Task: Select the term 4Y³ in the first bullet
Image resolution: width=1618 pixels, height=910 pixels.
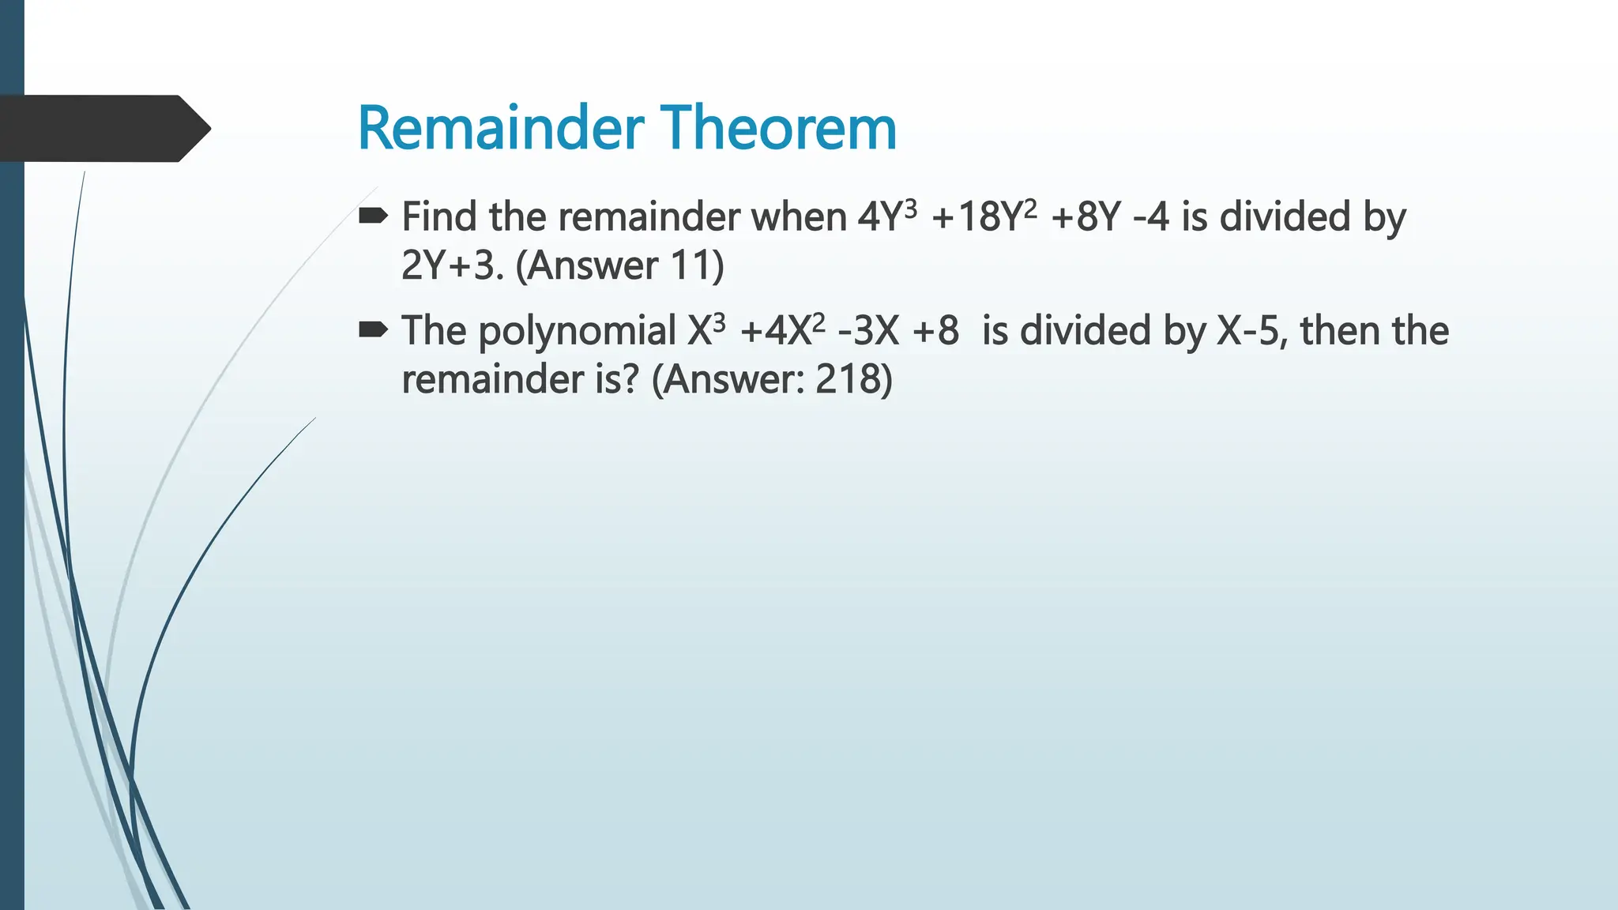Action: click(x=887, y=216)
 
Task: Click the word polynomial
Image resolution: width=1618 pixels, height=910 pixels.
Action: click(x=578, y=331)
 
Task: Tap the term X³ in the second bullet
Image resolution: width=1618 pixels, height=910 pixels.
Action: click(x=706, y=330)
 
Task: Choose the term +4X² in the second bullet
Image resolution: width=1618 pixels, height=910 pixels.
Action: click(x=783, y=330)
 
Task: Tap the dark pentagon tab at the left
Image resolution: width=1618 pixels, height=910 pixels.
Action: click(x=103, y=128)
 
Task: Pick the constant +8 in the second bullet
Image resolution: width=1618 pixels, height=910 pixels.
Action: click(x=935, y=330)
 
